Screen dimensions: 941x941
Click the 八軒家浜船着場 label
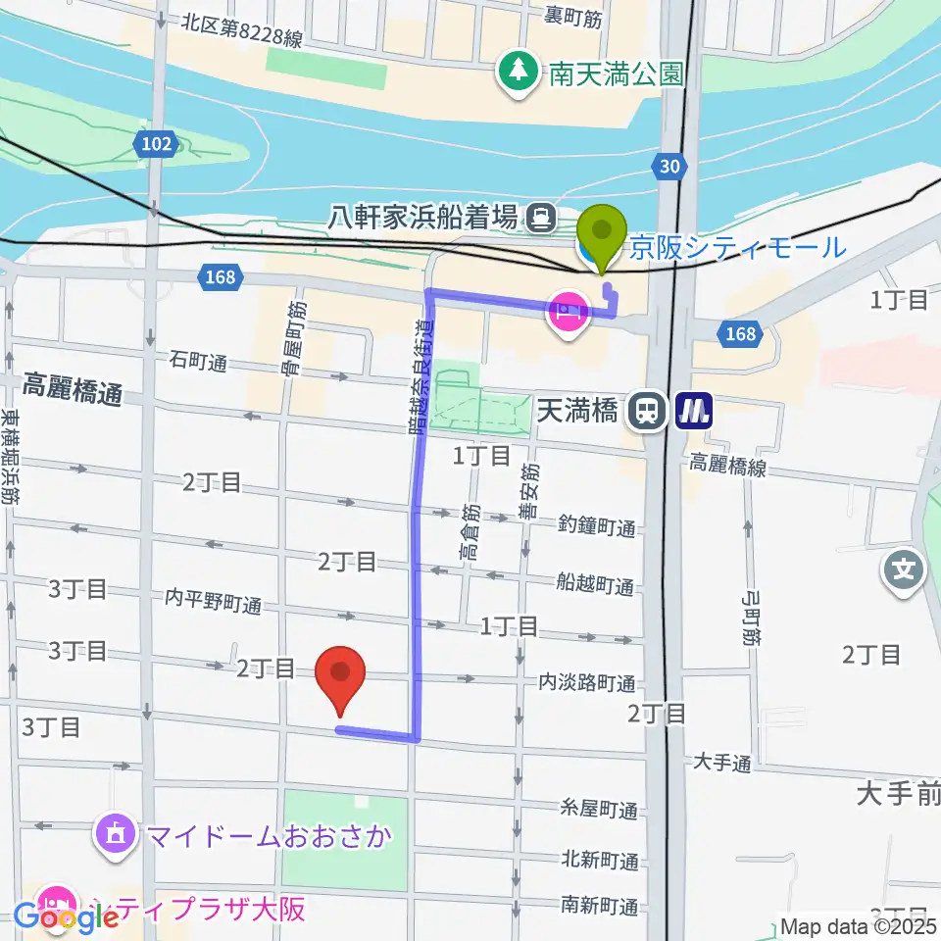pyautogui.click(x=423, y=217)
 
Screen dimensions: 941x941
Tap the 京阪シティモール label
pyautogui.click(x=737, y=247)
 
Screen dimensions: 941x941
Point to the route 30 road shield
pyautogui.click(x=669, y=168)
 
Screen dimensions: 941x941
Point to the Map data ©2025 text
pyautogui.click(x=857, y=924)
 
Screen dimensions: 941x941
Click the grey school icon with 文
pyautogui.click(x=905, y=570)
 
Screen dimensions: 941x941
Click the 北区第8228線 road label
pyautogui.click(x=242, y=32)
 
